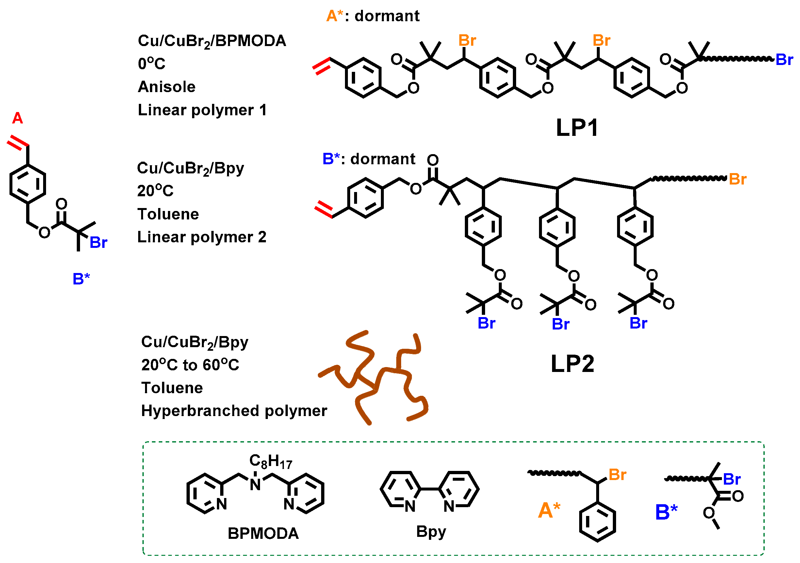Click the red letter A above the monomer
17,119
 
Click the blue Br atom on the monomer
98,243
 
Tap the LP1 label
577,128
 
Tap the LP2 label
572,364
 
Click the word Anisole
167,87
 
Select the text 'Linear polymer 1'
202,110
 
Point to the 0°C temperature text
152,64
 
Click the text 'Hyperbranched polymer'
234,411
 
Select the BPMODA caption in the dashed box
263,534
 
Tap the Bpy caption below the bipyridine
431,532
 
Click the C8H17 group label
270,462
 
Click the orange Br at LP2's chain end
737,180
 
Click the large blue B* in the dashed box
666,512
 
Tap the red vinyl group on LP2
323,210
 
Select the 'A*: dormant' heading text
372,16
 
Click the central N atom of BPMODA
255,485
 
